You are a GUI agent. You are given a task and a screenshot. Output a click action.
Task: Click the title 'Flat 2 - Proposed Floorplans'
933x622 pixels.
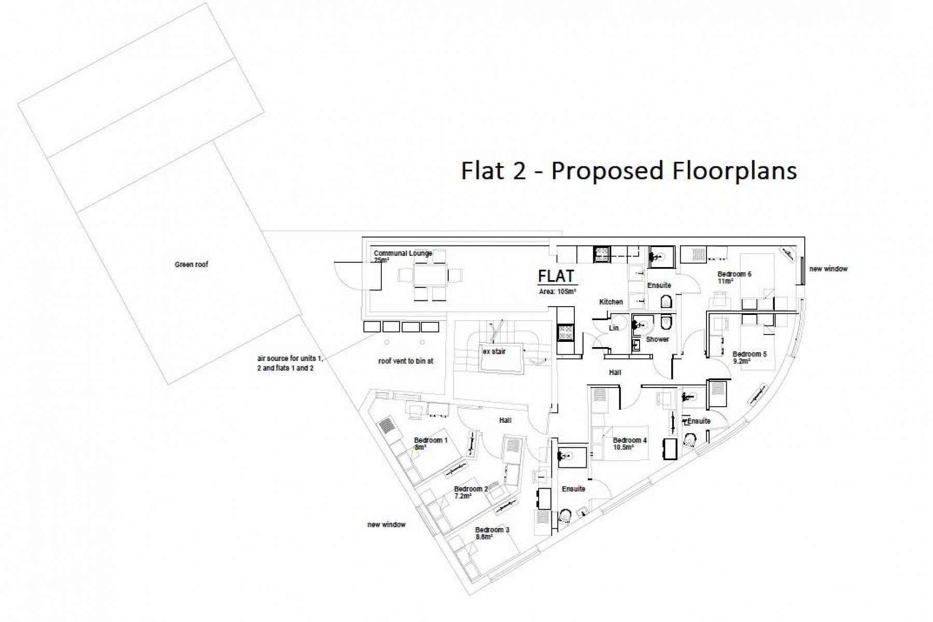[629, 171]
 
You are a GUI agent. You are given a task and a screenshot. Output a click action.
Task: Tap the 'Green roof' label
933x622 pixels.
[191, 265]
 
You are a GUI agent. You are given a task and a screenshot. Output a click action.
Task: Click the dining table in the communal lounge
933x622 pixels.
[430, 275]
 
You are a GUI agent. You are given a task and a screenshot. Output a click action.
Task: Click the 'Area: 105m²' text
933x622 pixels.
[558, 292]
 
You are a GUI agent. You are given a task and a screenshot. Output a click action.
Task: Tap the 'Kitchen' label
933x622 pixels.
[611, 301]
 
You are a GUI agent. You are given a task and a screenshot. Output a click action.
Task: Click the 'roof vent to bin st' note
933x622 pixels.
[406, 361]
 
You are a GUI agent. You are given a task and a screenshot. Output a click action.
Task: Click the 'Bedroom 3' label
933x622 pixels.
[492, 530]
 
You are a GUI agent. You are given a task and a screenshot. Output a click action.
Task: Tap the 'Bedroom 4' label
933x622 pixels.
[630, 440]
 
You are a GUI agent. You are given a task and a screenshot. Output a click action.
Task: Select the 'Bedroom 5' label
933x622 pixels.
[750, 354]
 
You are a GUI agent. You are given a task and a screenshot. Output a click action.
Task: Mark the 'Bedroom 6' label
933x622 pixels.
[734, 274]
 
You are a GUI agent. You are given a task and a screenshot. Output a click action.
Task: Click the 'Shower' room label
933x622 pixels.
[657, 339]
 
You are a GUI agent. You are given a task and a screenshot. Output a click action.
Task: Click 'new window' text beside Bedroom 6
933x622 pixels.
[828, 269]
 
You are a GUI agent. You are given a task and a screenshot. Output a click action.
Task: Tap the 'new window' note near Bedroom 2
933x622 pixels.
[387, 524]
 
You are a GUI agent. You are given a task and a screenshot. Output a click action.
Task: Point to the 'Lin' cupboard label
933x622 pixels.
[614, 328]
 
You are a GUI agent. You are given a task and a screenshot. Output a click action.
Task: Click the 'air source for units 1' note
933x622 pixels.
[290, 358]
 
